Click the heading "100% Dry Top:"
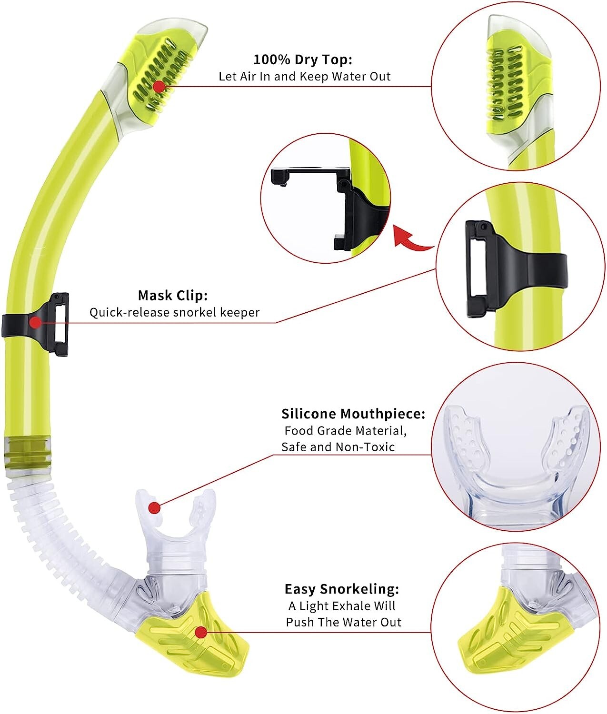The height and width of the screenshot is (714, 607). (302, 60)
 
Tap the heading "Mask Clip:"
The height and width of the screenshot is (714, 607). (173, 296)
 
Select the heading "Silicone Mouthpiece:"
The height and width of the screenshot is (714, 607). (353, 414)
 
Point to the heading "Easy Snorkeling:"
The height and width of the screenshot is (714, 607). (342, 589)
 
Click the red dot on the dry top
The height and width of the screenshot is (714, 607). (159, 87)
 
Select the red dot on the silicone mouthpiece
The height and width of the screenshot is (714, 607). (154, 508)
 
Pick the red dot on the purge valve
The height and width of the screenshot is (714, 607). (201, 633)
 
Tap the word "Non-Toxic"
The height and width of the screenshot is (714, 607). (365, 447)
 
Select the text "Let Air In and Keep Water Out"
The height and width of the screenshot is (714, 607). (305, 77)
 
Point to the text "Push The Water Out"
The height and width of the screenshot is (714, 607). (343, 622)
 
